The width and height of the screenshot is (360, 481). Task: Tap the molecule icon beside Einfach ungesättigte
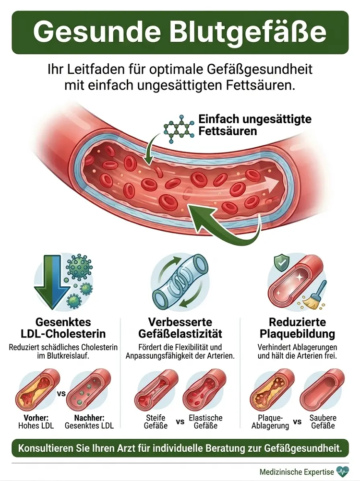179,129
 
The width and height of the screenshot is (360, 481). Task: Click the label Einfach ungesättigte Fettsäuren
255,125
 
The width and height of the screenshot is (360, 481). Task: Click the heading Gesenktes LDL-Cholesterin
63,328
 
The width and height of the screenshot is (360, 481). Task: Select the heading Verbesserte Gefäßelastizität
180,328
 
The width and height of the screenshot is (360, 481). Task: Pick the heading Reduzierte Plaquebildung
297,328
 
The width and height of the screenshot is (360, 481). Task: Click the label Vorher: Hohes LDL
36,422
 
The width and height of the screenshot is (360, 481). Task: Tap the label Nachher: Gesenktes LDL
89,422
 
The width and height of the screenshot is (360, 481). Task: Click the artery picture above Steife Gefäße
156,390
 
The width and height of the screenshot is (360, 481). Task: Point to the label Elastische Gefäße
205,422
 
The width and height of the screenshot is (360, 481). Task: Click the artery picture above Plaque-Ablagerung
272,390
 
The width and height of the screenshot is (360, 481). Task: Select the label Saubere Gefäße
323,422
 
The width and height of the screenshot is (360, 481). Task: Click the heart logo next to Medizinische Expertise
343,471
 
